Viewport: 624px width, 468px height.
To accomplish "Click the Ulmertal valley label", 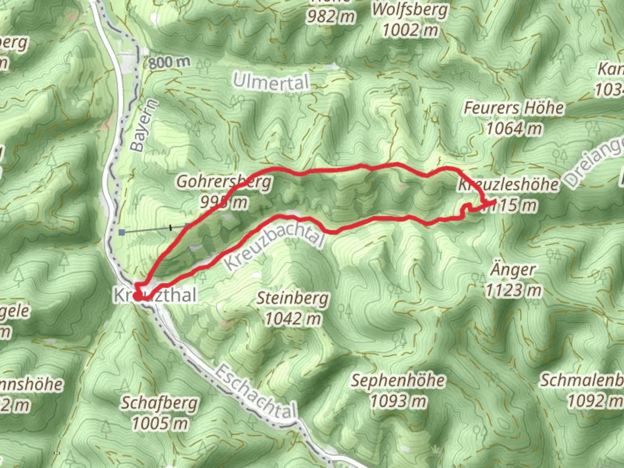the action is click(271, 82).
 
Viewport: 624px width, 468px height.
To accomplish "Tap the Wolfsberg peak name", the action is click(410, 10).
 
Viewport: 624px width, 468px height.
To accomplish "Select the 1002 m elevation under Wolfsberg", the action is click(410, 30).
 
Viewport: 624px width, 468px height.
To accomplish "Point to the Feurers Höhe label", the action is click(514, 108).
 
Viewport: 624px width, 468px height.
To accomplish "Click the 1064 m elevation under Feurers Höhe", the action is click(514, 128).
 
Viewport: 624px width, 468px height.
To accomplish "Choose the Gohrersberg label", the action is click(224, 182).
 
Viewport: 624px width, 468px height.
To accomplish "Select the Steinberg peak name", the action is click(293, 299).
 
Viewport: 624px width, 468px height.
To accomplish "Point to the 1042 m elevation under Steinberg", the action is click(293, 319).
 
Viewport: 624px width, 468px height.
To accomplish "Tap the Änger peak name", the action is click(513, 270).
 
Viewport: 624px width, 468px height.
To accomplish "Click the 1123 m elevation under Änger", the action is click(513, 290).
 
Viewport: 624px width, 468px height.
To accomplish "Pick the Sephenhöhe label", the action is click(398, 381).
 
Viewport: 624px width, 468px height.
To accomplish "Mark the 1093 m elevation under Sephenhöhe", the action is click(398, 401).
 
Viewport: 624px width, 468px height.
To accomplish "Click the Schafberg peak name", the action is click(159, 403).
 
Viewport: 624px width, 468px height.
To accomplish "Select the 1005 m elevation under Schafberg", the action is click(159, 423).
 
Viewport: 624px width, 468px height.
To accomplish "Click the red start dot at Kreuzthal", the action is click(137, 296).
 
